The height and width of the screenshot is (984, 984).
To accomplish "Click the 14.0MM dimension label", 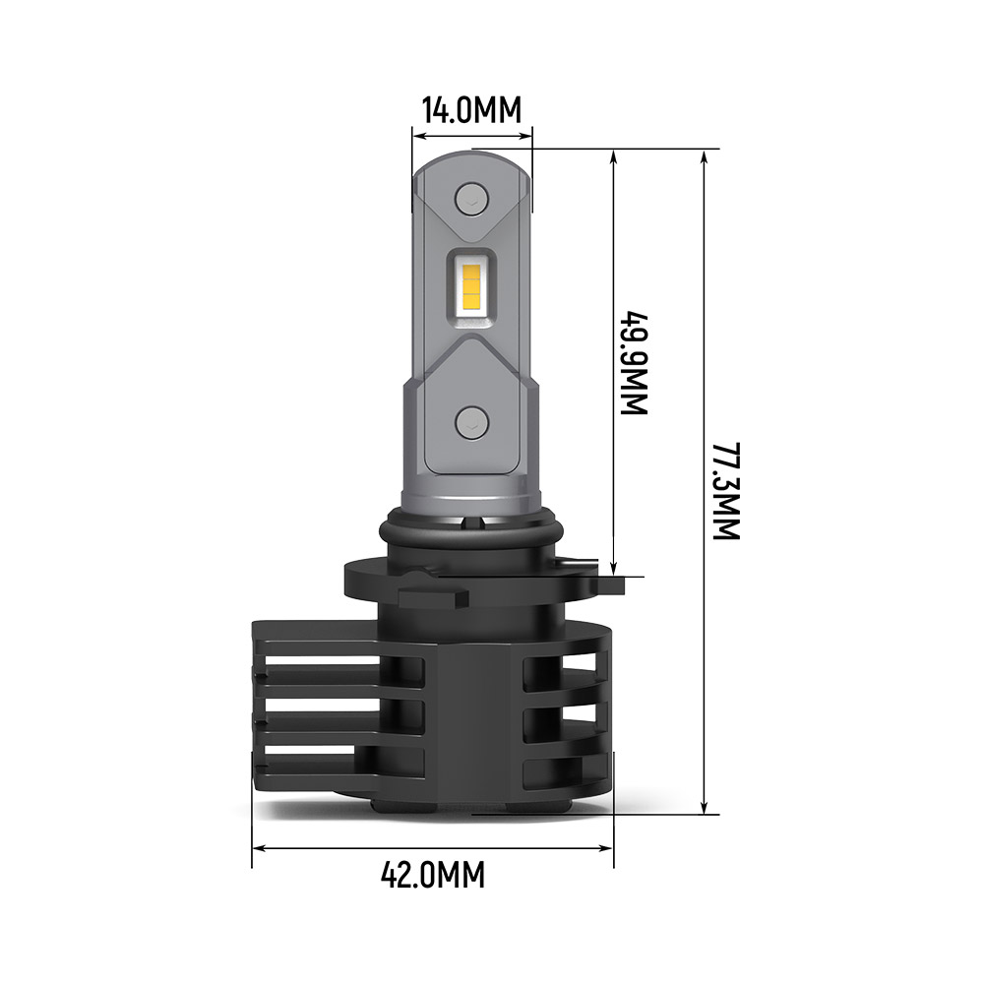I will [x=470, y=109].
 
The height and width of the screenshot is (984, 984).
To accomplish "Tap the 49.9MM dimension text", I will [x=635, y=364].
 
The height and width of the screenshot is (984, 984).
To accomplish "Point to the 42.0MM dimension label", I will [x=433, y=873].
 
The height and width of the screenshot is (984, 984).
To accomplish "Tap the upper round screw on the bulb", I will [x=472, y=200].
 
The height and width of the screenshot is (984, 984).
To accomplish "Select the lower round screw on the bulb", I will [x=472, y=423].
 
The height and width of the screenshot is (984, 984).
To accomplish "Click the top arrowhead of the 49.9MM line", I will [x=615, y=156].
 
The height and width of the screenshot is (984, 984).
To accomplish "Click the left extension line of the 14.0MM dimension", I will [x=411, y=167].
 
